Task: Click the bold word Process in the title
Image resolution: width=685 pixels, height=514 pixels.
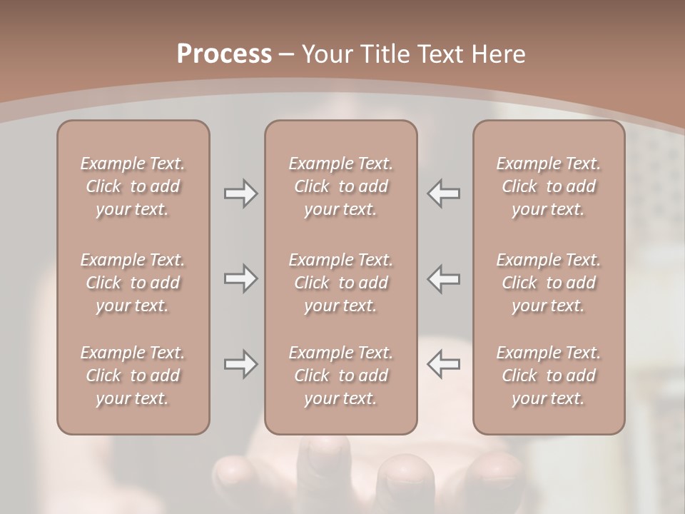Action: coord(224,54)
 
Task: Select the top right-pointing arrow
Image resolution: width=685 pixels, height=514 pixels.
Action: coord(240,193)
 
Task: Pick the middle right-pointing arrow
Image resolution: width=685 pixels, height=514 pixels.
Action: coord(240,278)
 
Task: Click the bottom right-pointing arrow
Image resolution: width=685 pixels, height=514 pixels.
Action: coord(240,364)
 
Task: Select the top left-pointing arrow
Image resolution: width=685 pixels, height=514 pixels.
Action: coord(443,193)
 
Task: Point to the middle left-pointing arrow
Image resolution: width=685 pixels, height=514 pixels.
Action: coord(443,278)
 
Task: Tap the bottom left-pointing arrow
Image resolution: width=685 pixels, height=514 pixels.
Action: coord(443,364)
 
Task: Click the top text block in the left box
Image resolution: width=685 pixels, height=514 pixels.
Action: coord(133,186)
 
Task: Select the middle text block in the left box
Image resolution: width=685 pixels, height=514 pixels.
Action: coord(133,283)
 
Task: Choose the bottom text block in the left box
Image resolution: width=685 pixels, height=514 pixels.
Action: coord(133,376)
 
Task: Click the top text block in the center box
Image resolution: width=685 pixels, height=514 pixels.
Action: coord(340,186)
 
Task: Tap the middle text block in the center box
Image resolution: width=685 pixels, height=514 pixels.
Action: coord(340,283)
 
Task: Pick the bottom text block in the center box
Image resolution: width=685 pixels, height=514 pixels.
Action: coord(340,376)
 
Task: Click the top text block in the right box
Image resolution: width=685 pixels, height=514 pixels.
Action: coord(548,186)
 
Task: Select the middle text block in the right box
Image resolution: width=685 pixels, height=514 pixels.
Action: coord(548,283)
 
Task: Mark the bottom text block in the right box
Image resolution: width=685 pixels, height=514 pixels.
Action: coord(548,376)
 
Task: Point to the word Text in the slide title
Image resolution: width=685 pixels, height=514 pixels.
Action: coord(438,54)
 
